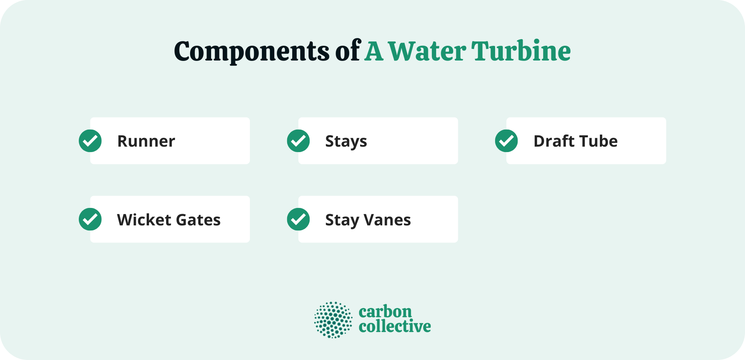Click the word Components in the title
pyautogui.click(x=251, y=52)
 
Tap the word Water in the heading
pyautogui.click(x=427, y=52)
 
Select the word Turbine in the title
pyautogui.click(x=521, y=52)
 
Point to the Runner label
pyautogui.click(x=146, y=141)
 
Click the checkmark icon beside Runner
pyautogui.click(x=90, y=141)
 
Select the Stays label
pyautogui.click(x=346, y=142)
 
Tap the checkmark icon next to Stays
pyautogui.click(x=298, y=141)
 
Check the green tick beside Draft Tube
pyautogui.click(x=506, y=141)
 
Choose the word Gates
pyautogui.click(x=198, y=220)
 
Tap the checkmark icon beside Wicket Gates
pyautogui.click(x=90, y=219)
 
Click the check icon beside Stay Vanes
pyautogui.click(x=298, y=219)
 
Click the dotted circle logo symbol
pyautogui.click(x=333, y=320)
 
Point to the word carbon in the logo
pyautogui.click(x=385, y=312)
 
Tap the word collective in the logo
pyautogui.click(x=395, y=327)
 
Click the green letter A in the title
pyautogui.click(x=374, y=52)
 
